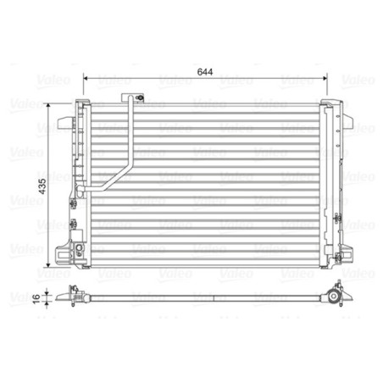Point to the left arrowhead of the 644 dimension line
click(x=86, y=81)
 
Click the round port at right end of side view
click(x=336, y=297)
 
